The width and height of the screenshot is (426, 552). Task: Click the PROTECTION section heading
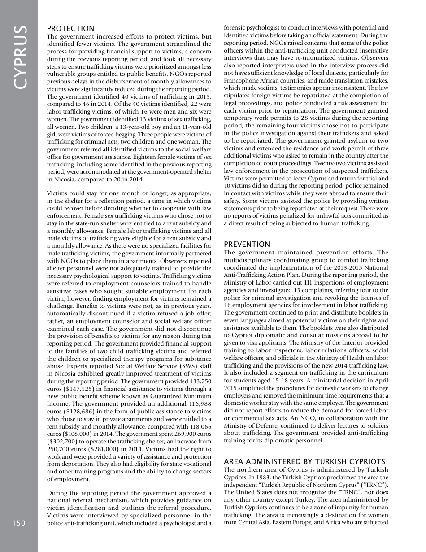pos(70,28)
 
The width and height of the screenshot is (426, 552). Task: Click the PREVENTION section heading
pos(247,245)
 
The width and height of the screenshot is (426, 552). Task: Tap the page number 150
pos(19,523)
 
